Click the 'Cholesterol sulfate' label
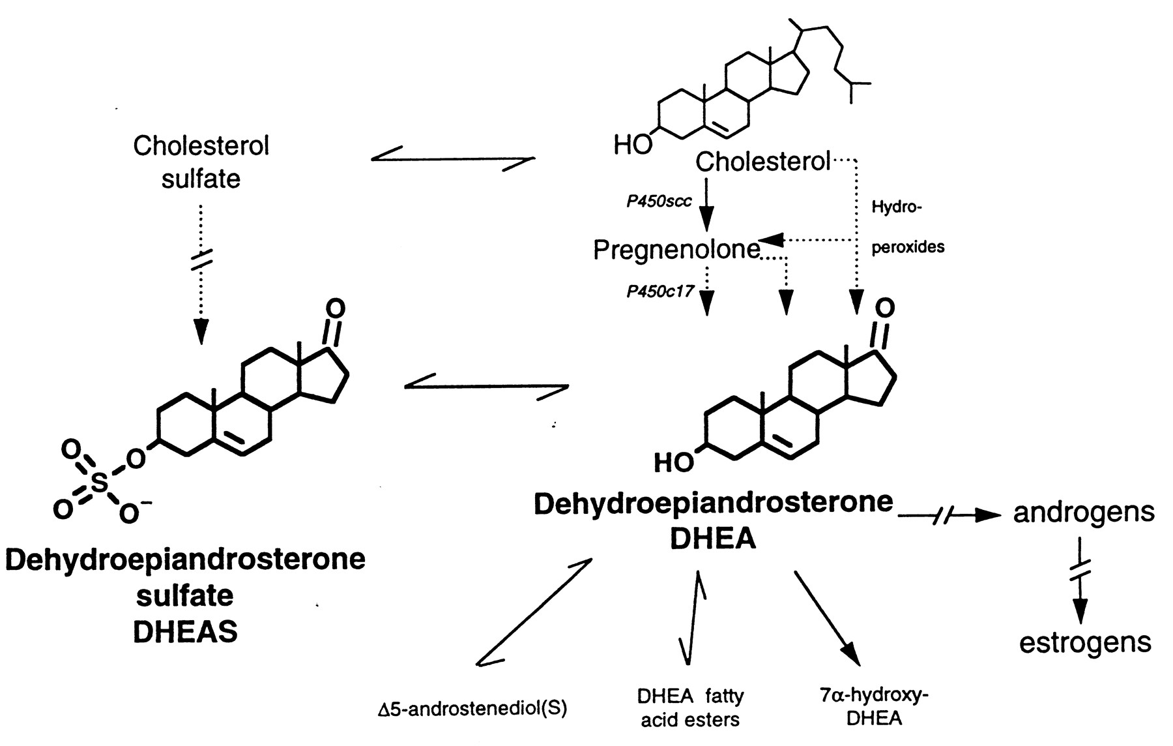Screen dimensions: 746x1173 pyautogui.click(x=201, y=162)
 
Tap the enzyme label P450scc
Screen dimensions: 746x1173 pyautogui.click(x=659, y=201)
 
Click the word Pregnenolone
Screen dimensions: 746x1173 pyautogui.click(x=676, y=250)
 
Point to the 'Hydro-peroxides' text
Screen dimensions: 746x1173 pyautogui.click(x=907, y=228)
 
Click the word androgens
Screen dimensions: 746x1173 pyautogui.click(x=1084, y=513)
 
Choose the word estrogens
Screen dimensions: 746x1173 pyautogui.click(x=1085, y=642)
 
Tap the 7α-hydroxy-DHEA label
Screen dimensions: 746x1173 pyautogui.click(x=874, y=706)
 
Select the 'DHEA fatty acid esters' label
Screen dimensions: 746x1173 pyautogui.click(x=690, y=708)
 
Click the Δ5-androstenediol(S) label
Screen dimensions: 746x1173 pyautogui.click(x=472, y=709)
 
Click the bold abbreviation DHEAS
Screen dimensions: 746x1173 pyautogui.click(x=185, y=631)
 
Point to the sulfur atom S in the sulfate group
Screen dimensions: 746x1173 pyautogui.click(x=99, y=483)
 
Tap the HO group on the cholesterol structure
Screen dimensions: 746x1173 pyautogui.click(x=632, y=145)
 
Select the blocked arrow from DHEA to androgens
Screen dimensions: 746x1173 pyautogui.click(x=948, y=516)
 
